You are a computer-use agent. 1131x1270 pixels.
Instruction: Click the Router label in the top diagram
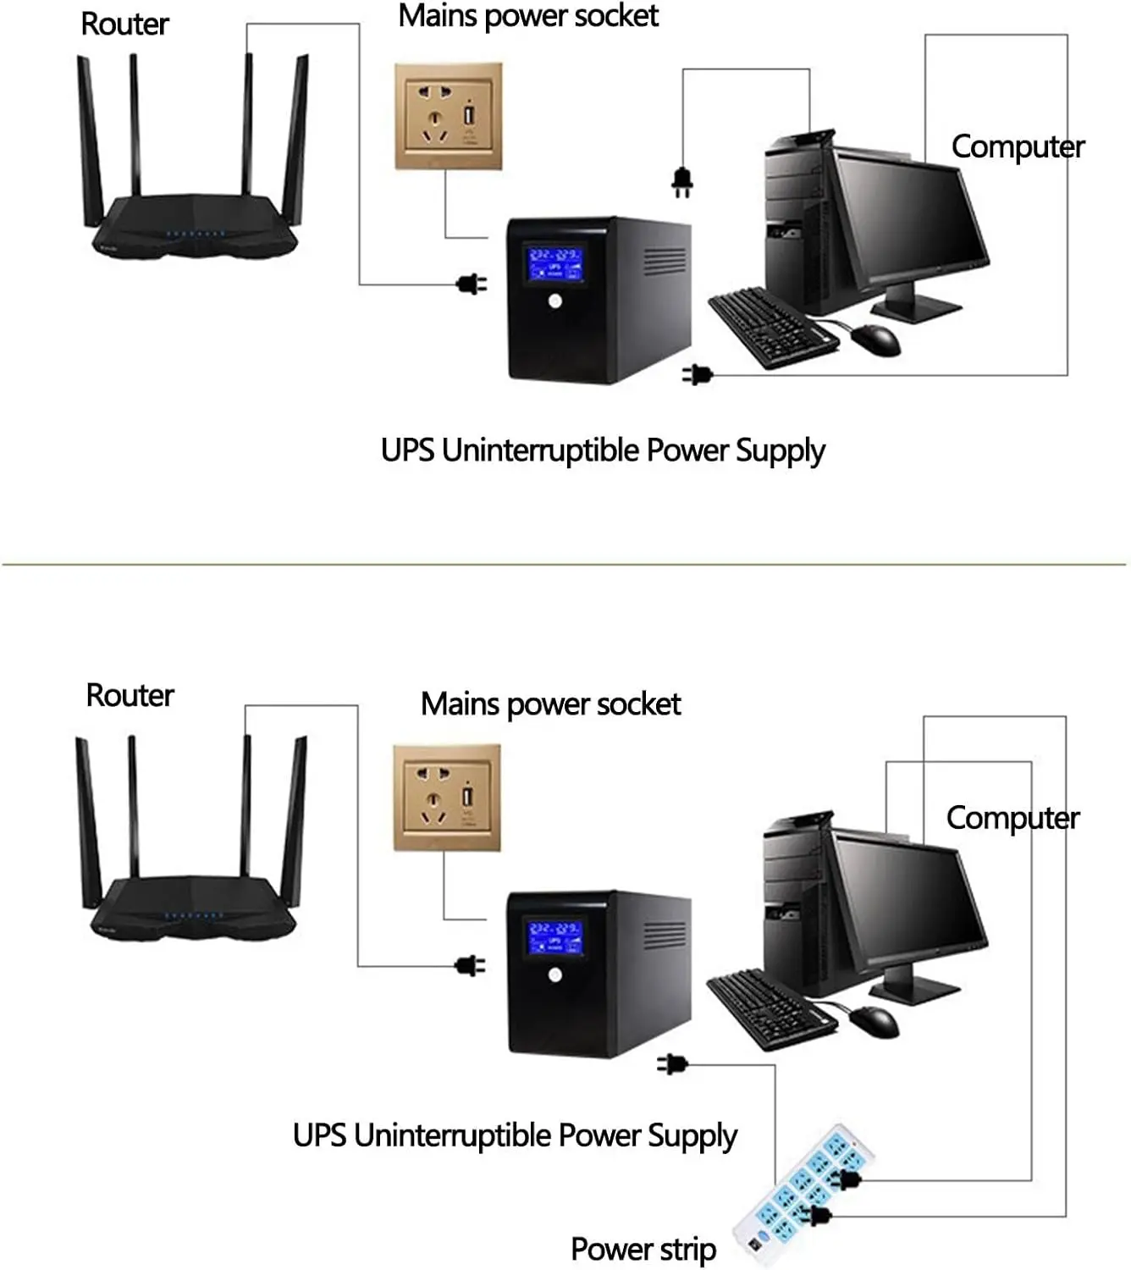coord(124,25)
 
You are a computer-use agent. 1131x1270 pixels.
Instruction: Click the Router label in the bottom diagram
coord(130,695)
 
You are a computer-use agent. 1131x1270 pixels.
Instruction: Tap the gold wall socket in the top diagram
coord(448,116)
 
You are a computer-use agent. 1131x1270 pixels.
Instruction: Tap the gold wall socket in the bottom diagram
coord(447,798)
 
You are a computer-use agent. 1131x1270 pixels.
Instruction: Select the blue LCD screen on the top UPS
coord(554,263)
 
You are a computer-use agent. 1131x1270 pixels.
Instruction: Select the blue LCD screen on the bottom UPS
coord(554,936)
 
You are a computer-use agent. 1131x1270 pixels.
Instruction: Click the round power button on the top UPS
coord(555,301)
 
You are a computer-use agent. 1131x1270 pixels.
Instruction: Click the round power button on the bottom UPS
coord(554,975)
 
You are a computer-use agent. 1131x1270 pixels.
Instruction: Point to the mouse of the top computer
coord(876,340)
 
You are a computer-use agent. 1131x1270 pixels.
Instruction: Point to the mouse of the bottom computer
coord(874,1021)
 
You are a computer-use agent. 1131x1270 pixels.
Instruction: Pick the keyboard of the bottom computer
coord(768,1008)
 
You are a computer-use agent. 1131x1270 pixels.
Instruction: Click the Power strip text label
coord(643,1250)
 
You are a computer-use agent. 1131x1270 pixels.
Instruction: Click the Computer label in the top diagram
coord(1018,146)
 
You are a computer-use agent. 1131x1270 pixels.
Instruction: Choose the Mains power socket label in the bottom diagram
coord(550,704)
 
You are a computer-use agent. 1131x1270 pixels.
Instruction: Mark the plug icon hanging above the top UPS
coord(682,182)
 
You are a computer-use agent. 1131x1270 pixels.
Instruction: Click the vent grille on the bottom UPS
coord(665,936)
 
